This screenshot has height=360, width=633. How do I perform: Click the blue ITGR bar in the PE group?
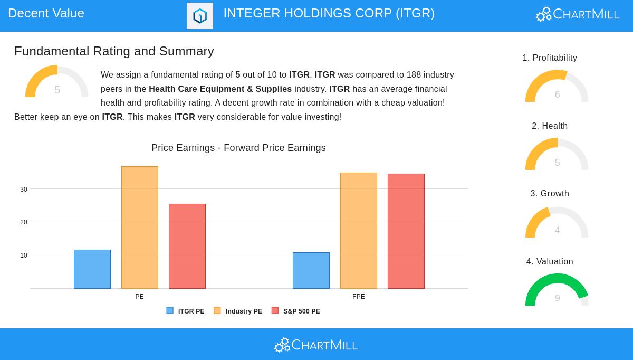92,269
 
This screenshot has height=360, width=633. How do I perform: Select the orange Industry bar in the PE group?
140,228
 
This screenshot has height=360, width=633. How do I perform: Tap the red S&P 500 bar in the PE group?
187,246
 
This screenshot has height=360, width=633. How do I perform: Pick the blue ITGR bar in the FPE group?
311,270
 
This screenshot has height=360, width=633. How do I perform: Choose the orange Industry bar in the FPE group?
359,231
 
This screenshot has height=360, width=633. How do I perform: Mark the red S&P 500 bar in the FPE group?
406,231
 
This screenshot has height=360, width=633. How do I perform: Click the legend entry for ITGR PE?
185,311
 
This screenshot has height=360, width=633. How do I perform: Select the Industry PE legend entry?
238,311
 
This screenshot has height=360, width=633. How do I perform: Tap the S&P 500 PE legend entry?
296,311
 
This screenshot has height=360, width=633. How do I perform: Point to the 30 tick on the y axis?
24,190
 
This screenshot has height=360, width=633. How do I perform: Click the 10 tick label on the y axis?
24,255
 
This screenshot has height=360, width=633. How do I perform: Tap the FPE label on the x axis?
359,297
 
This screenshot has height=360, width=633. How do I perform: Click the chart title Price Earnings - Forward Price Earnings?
238,148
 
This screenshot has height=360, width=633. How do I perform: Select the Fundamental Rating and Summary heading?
114,51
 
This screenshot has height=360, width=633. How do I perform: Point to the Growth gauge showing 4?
557,222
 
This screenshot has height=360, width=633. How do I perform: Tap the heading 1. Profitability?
550,58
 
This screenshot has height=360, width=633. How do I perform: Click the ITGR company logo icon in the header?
200,16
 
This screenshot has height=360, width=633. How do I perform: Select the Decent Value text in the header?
46,13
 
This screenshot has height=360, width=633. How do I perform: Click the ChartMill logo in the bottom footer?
316,345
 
